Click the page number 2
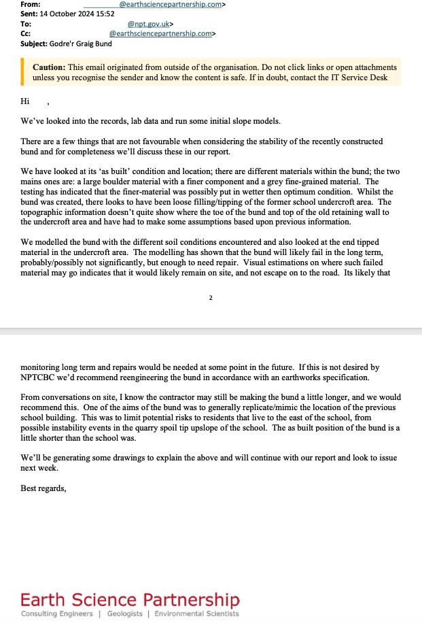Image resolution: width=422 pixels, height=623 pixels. pyautogui.click(x=211, y=297)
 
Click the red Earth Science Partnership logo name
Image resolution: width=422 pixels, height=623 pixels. pyautogui.click(x=130, y=600)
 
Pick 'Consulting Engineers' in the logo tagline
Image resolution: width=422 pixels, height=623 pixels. pyautogui.click(x=57, y=614)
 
